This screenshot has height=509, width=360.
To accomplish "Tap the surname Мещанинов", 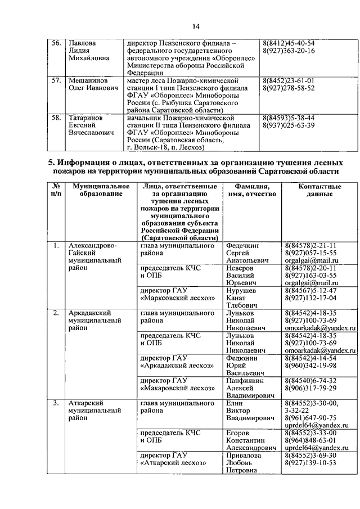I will point(88,80).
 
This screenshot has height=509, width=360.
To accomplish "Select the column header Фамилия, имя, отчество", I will point(250,190).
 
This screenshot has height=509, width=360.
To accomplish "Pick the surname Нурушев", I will point(241,290).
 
